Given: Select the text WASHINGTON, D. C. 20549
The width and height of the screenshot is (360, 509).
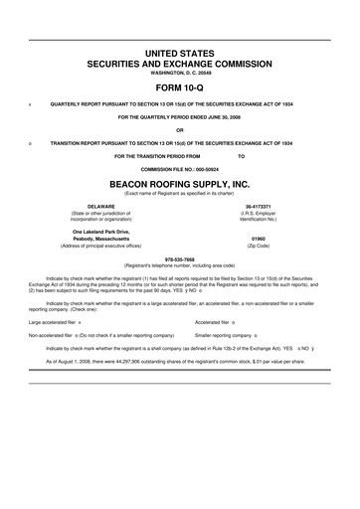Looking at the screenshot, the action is pyautogui.click(x=180, y=73).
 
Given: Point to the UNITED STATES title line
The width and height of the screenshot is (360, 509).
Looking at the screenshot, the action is pyautogui.click(x=180, y=50).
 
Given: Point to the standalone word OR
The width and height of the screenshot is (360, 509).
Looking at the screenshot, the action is pyautogui.click(x=180, y=129).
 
